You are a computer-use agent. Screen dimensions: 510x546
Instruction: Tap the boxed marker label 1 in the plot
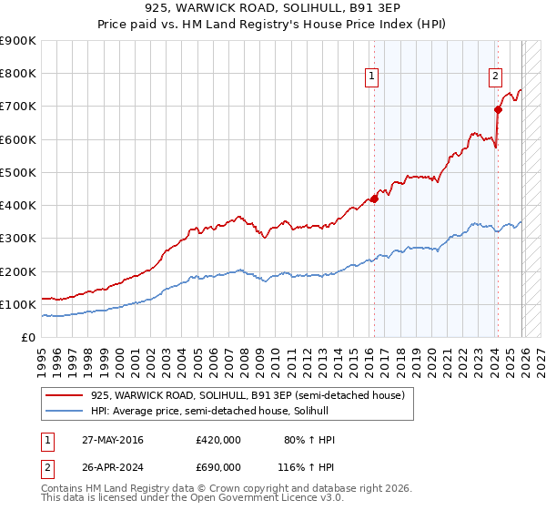(x=373, y=76)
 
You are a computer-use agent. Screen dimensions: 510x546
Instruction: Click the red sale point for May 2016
(x=374, y=199)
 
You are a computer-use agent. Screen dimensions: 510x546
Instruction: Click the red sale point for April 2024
(x=498, y=110)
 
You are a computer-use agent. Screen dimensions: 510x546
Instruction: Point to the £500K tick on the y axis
(x=18, y=172)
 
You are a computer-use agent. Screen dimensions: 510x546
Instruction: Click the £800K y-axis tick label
(x=18, y=74)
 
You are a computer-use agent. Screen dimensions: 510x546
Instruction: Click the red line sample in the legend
(x=64, y=394)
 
